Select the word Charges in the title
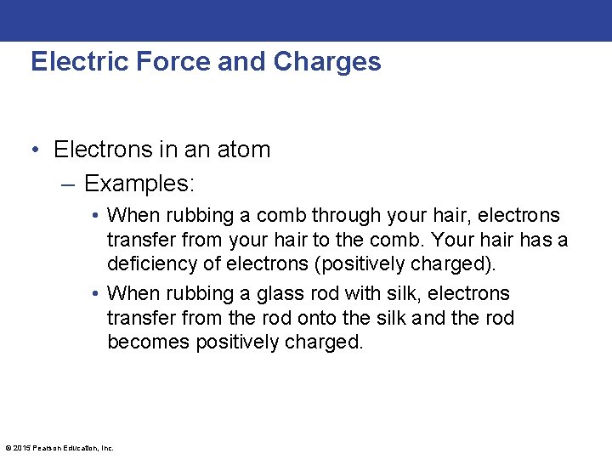(327, 62)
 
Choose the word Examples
(139, 183)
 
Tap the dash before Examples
(70, 184)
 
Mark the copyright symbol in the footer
(8, 447)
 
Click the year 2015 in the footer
(20, 447)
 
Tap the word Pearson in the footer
(46, 447)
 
